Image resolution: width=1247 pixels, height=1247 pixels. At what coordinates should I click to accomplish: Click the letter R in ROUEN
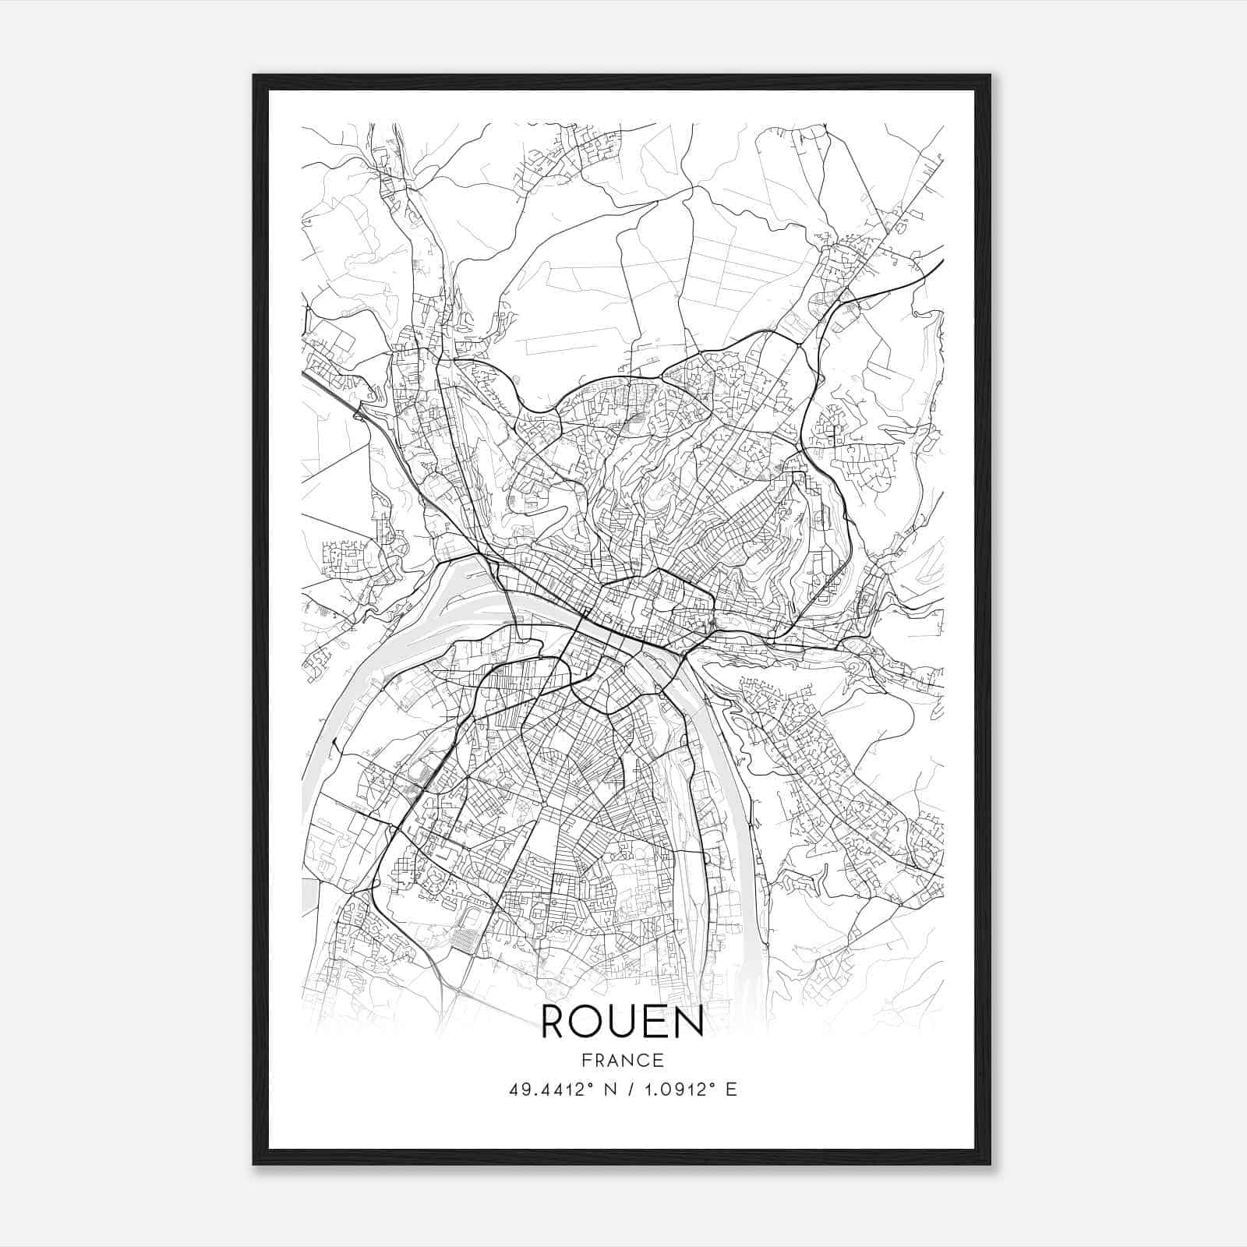pyautogui.click(x=554, y=1022)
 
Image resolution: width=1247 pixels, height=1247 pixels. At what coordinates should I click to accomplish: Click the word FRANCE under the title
pyautogui.click(x=622, y=1060)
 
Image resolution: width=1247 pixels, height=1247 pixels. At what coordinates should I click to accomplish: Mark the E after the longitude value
pyautogui.click(x=731, y=1090)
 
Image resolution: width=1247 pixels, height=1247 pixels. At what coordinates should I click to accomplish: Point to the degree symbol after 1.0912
pyautogui.click(x=712, y=1085)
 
